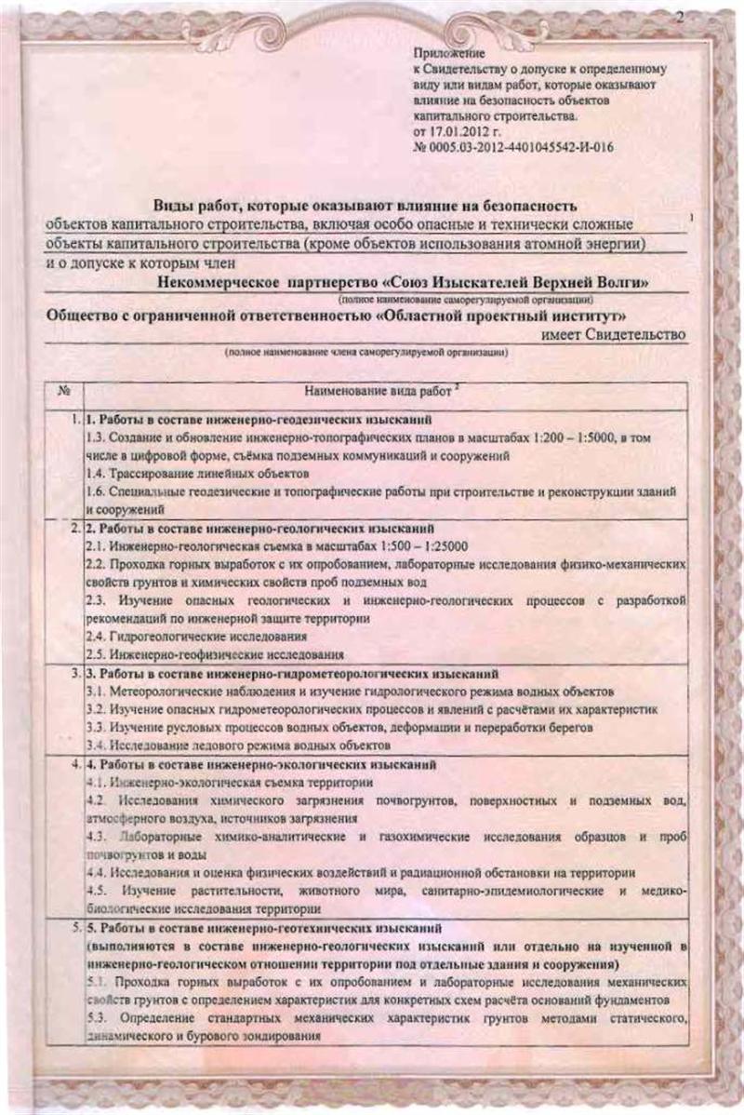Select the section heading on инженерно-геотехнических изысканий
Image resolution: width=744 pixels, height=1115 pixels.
point(282,929)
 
